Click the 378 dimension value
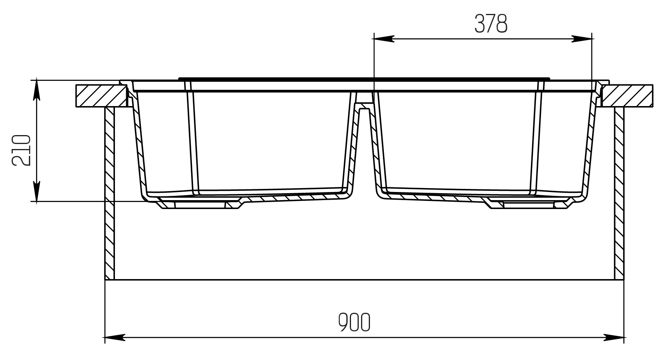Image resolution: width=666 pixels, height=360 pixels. point(491,24)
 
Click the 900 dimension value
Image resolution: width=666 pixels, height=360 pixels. point(354,322)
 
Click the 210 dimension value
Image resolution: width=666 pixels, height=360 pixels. point(21,150)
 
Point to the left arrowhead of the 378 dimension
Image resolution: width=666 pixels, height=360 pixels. point(383,38)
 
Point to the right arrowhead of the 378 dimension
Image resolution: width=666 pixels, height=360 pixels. point(582,38)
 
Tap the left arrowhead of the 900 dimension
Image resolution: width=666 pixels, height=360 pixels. point(115,337)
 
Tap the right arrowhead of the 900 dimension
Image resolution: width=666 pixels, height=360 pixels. point(614,337)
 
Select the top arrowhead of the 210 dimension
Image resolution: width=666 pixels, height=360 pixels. point(36,89)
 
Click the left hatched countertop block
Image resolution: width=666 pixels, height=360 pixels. point(102,96)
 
